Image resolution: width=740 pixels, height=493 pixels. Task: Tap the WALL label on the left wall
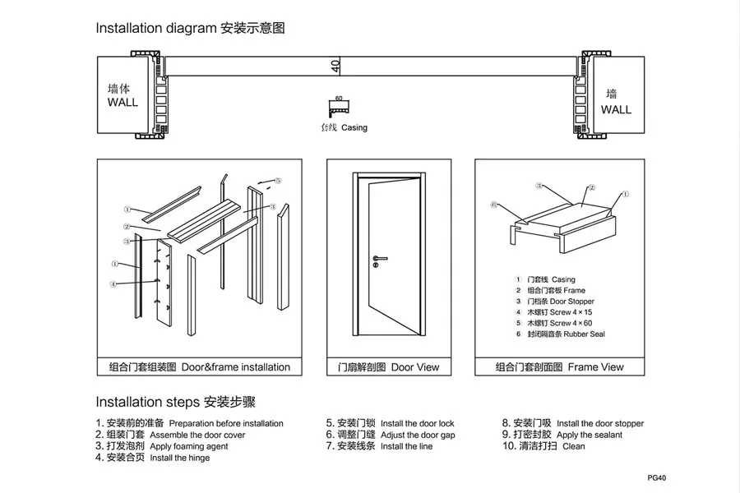123,103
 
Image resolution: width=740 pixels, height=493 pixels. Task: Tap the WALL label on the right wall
616,108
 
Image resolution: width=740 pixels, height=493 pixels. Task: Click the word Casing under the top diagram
354,128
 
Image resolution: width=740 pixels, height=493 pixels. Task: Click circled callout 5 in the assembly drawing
278,180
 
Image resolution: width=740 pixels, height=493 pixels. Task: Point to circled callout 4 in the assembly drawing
113,284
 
